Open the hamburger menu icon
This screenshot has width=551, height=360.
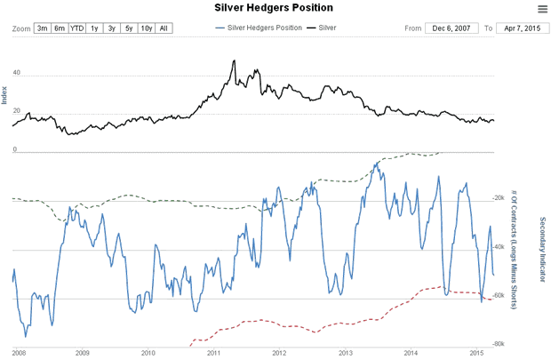542,9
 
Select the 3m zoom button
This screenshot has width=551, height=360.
43,28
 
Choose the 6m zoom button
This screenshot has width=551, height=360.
60,28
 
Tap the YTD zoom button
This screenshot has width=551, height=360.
77,28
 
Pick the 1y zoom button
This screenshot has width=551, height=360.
95,28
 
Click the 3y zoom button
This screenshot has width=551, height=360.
112,28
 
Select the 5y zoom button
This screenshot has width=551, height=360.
129,28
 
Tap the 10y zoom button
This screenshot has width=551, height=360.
146,28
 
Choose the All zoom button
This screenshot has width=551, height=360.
164,28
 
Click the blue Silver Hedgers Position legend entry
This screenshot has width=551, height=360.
260,28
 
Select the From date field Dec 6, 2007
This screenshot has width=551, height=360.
451,28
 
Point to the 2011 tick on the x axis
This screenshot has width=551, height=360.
213,352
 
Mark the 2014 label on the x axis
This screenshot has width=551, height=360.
411,352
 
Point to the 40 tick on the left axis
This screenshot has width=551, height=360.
16,74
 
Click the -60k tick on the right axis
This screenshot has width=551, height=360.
499,295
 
